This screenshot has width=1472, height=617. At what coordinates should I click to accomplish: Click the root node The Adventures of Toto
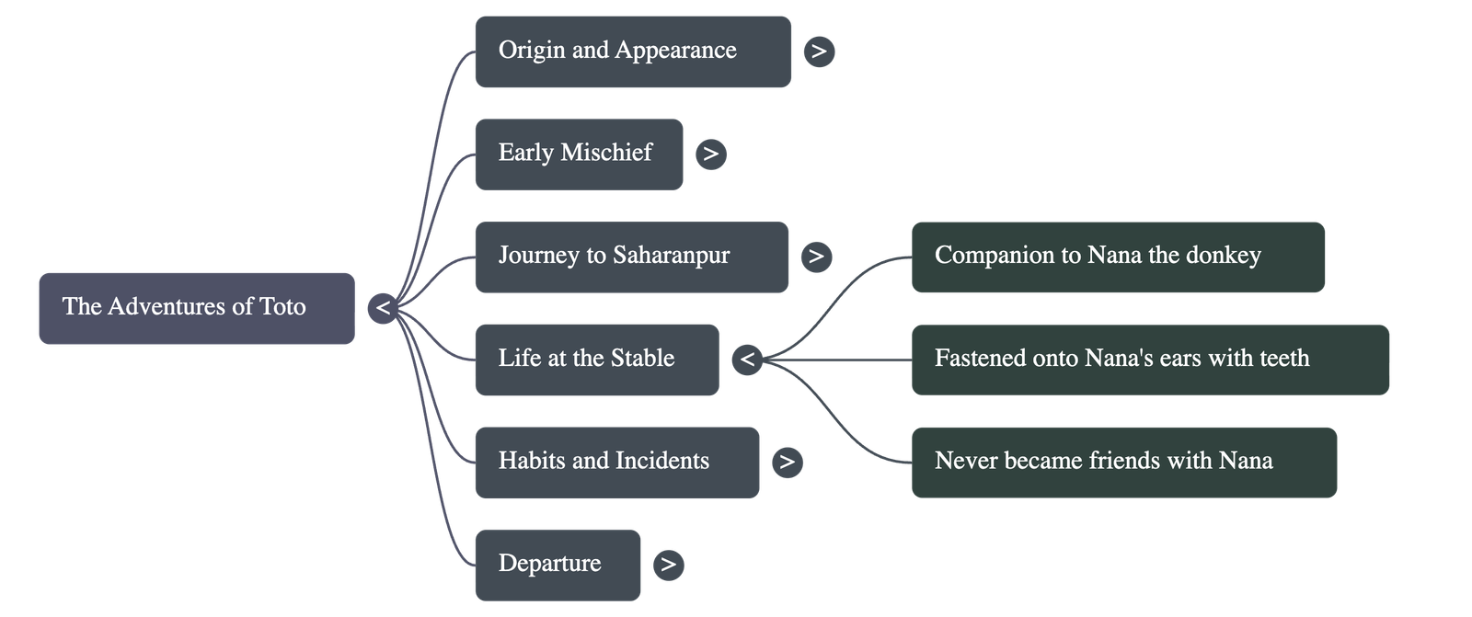point(196,308)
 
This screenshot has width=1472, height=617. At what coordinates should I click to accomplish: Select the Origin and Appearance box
point(632,51)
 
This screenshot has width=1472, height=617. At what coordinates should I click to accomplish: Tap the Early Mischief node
point(579,154)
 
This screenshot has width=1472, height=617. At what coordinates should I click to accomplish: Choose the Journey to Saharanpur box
point(631,257)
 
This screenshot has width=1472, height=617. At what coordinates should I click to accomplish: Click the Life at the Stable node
point(596,360)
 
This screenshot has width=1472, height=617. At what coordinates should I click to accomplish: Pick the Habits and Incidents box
point(616,462)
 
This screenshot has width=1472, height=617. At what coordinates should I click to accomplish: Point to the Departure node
point(558,565)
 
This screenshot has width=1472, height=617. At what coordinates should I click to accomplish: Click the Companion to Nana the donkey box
point(1118,257)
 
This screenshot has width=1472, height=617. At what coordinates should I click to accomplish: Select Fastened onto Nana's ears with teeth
point(1150,360)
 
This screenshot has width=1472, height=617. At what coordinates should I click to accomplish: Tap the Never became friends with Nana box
point(1123,462)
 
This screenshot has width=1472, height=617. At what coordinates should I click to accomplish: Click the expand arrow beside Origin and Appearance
point(819,51)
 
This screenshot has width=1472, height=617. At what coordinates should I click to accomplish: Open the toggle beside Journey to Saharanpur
point(816,257)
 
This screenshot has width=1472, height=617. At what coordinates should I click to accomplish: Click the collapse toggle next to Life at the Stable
point(747,360)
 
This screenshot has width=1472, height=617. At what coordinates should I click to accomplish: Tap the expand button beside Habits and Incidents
point(787,462)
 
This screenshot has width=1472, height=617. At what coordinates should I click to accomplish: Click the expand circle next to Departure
point(669,565)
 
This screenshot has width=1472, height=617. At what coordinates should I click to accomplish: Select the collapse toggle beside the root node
point(383,308)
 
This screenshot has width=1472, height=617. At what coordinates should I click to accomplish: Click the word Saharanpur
point(672,256)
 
